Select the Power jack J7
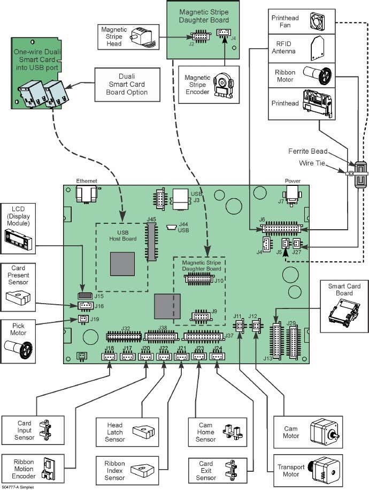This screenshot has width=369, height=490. (293, 194)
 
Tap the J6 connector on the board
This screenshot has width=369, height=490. (281, 228)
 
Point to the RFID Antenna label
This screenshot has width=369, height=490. (285, 48)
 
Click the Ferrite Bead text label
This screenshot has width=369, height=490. (322, 152)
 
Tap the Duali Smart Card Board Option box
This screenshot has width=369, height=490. (127, 84)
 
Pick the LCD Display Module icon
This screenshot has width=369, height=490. (18, 239)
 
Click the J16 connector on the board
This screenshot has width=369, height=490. (85, 306)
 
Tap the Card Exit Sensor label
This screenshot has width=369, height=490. (206, 470)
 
